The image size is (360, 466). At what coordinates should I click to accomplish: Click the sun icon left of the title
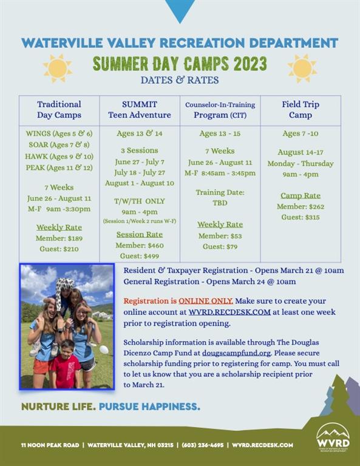58,69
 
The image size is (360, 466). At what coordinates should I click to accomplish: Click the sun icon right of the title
302,69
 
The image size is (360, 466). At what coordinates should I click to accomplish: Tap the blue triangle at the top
180,11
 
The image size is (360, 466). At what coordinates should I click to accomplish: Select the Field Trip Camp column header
301,109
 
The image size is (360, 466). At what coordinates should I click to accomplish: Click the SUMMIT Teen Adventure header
140,109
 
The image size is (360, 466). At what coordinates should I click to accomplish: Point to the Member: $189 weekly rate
59,238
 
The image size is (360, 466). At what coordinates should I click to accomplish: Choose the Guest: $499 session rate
140,256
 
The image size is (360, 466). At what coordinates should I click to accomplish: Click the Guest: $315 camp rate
301,217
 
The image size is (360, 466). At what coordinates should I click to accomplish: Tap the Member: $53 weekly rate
220,236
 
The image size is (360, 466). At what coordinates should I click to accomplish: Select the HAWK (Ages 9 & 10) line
59,157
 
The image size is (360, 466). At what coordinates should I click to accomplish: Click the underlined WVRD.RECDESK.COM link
229,312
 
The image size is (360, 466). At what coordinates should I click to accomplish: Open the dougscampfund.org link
236,353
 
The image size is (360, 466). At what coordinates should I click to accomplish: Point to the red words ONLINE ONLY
205,301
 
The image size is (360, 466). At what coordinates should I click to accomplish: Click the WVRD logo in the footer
333,437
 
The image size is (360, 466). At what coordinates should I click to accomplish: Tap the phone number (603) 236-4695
202,445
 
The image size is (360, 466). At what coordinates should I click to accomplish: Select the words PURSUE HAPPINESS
149,407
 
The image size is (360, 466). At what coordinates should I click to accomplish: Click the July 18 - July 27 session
140,173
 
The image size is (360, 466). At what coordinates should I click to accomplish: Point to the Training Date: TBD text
220,198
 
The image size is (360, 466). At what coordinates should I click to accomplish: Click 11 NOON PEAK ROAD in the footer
50,445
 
